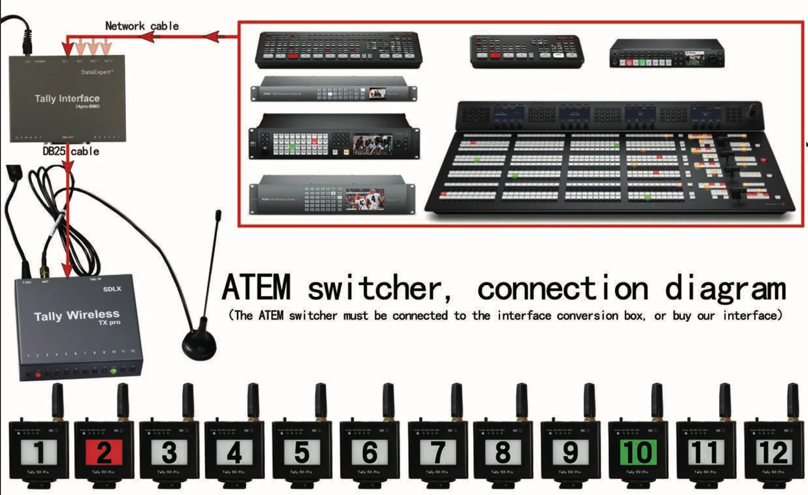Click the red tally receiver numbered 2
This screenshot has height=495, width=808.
(x=104, y=453)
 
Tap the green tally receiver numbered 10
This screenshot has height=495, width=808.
(x=637, y=453)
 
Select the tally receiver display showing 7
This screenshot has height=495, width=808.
(x=437, y=453)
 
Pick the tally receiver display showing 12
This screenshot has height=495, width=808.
(x=773, y=453)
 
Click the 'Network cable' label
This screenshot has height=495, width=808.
(x=142, y=26)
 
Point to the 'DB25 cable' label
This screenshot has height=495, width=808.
(x=71, y=152)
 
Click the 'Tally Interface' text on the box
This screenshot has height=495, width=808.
(x=67, y=99)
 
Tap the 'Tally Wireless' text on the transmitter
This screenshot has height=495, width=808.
(x=76, y=316)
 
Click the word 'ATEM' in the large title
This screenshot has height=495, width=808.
(x=256, y=287)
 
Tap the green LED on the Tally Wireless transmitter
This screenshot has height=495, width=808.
(x=114, y=371)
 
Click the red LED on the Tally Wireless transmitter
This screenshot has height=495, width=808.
(x=38, y=374)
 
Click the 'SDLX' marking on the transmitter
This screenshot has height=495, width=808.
(x=112, y=289)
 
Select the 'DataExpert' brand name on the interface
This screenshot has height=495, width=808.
(x=97, y=72)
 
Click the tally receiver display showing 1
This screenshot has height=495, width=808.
(x=38, y=453)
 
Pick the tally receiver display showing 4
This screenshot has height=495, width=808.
(x=234, y=453)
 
